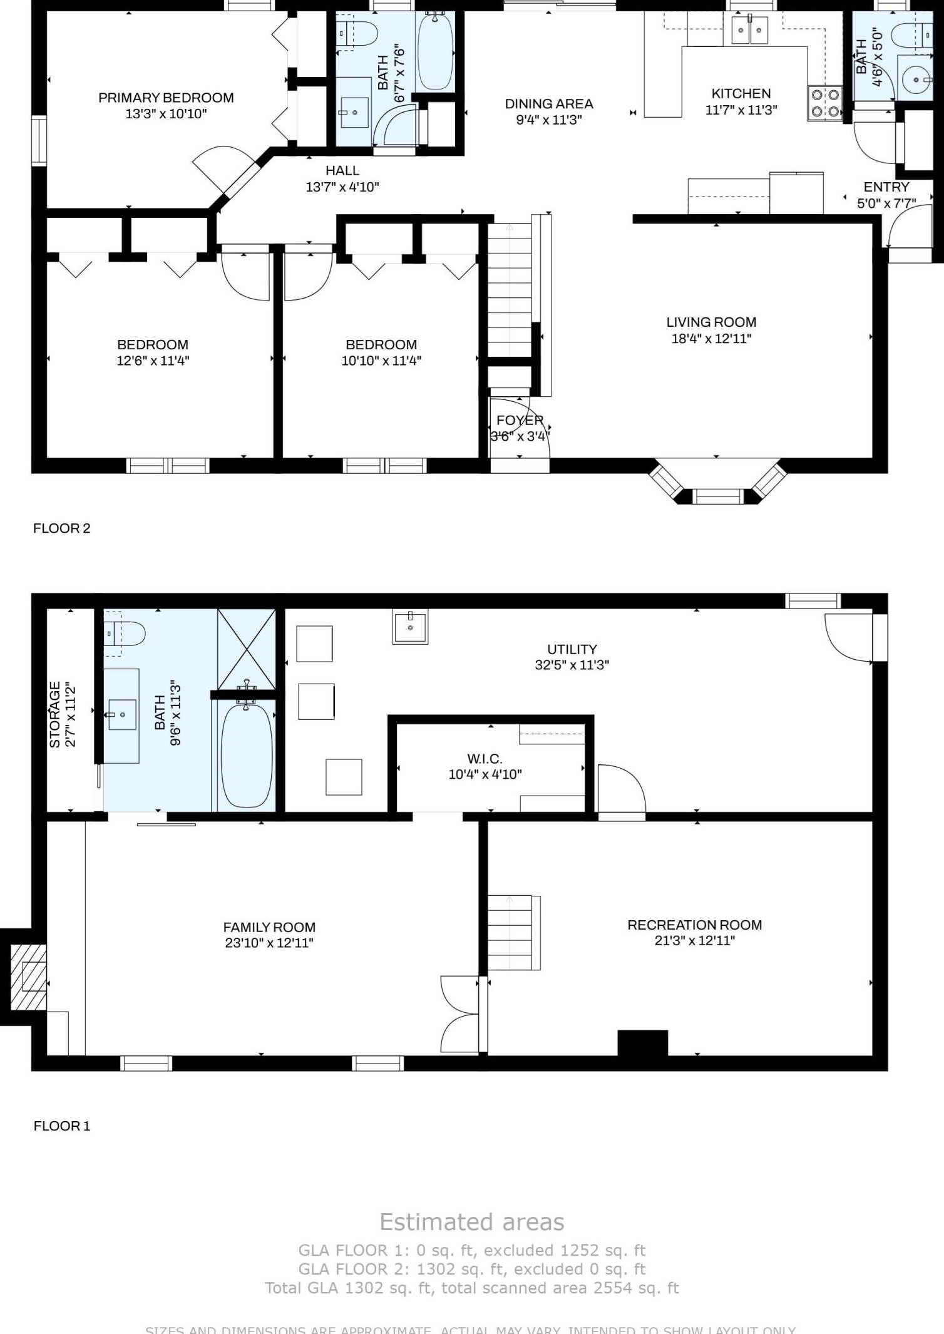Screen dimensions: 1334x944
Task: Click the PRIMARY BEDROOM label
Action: [166, 98]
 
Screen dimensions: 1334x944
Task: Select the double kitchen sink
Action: [749, 30]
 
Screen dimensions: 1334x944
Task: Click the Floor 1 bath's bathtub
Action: [247, 756]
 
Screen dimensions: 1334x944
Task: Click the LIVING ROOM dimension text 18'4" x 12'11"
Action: [711, 339]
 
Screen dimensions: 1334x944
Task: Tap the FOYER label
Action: [520, 421]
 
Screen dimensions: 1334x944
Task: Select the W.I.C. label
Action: [485, 759]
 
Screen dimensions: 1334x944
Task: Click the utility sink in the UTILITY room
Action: [410, 627]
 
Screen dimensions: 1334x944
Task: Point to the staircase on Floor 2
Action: [509, 291]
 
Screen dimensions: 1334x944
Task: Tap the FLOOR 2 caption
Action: [61, 528]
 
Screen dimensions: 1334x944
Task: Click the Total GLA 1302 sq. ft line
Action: [471, 1288]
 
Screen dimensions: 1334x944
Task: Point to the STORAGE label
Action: [55, 714]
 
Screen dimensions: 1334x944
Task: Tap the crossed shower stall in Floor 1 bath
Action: [246, 649]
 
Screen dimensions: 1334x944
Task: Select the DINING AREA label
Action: [549, 104]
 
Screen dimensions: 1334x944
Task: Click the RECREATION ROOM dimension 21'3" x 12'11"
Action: [694, 940]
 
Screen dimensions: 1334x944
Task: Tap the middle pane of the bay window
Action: [717, 496]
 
